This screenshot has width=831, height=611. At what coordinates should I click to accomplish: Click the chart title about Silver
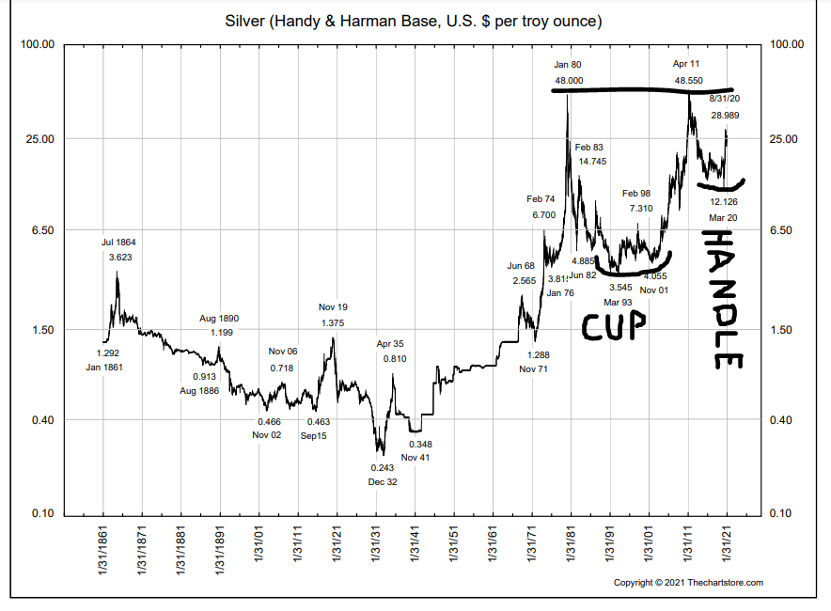414,20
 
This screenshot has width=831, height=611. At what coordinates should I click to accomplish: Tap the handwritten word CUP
614,325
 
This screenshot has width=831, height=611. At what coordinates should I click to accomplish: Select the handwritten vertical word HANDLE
724,298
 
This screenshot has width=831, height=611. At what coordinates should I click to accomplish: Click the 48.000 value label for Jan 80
569,81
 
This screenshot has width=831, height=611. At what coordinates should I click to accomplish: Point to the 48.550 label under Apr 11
688,81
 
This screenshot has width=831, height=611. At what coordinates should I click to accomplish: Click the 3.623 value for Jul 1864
119,257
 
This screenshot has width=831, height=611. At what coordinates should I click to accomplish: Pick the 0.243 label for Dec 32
382,467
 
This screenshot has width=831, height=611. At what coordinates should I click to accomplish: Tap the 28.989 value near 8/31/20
725,115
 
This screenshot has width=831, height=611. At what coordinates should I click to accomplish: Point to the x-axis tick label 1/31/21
727,545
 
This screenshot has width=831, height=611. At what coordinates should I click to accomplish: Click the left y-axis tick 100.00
38,45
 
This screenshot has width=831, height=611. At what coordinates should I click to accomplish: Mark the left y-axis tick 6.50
40,230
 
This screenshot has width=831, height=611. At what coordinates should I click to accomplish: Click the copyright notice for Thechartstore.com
688,583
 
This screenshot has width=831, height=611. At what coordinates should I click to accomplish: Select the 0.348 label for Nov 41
420,444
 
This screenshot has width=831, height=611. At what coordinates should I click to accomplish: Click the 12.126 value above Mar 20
724,201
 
